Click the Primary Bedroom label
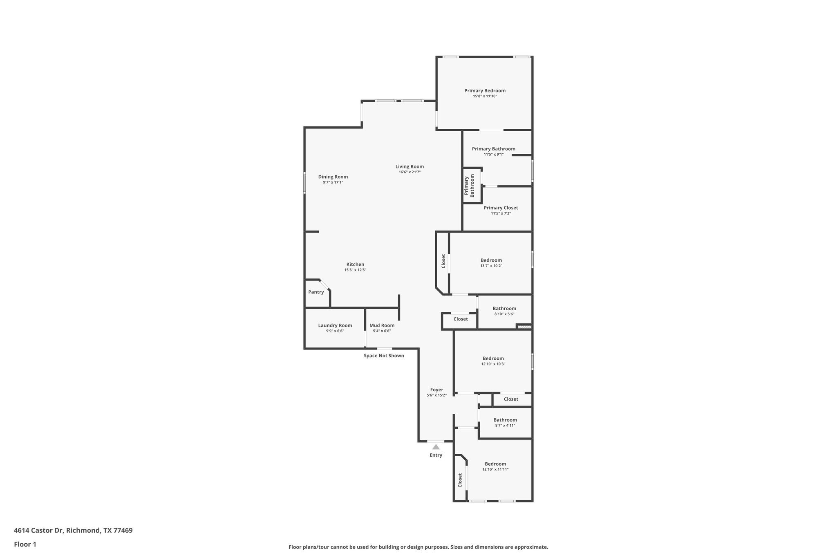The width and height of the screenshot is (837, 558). (485, 91)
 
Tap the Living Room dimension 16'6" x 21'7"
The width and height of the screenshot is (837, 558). (410, 172)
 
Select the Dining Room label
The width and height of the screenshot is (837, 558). (333, 177)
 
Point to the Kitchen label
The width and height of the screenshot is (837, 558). (355, 264)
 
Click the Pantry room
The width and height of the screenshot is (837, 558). (316, 292)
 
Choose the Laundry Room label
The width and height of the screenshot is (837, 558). (335, 326)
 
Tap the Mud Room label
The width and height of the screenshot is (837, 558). (382, 326)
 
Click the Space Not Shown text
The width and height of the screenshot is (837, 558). (384, 356)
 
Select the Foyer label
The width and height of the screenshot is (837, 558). (436, 390)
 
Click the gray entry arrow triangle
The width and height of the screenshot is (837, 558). (436, 447)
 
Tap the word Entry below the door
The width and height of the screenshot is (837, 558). (436, 455)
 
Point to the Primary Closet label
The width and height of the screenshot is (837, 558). (501, 208)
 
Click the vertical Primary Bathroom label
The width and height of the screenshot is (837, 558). (469, 186)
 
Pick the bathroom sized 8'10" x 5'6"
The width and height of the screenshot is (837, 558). (504, 311)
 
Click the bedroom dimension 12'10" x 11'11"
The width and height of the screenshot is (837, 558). (495, 470)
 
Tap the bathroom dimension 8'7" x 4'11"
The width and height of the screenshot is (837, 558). (505, 426)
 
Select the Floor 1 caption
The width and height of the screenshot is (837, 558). (25, 545)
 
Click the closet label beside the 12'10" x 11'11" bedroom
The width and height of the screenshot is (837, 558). (460, 480)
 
